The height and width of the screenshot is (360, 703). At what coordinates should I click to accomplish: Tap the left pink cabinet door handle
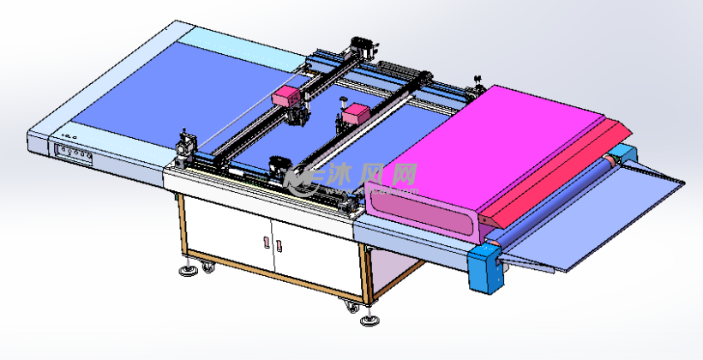coord(267,242)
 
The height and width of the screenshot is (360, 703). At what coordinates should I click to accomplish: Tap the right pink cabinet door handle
coord(279,246)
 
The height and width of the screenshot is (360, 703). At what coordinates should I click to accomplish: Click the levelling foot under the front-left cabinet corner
coord(189,270)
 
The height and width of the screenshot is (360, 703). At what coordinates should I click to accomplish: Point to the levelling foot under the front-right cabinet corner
coord(370,320)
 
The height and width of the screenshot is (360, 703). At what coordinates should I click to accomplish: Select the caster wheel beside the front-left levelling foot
coord(207,267)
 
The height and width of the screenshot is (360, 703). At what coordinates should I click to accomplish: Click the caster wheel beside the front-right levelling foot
coord(352,307)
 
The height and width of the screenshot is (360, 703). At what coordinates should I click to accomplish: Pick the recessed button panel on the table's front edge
coord(74,155)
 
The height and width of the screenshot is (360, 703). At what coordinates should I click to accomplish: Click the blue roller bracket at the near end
coord(485,269)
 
